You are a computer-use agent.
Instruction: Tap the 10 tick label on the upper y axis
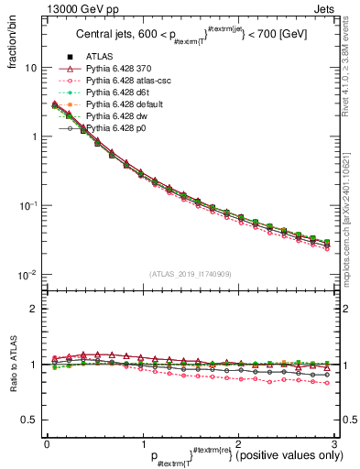[31, 68]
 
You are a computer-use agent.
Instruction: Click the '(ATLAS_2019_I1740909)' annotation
[190, 274]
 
